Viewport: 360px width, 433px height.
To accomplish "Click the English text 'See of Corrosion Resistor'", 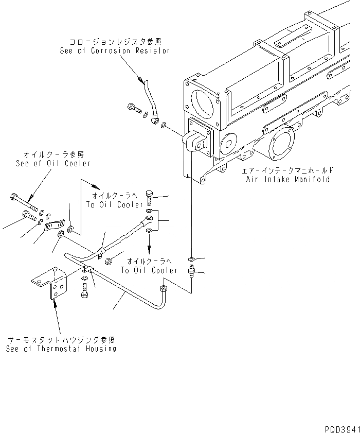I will pyautogui.click(x=114, y=51).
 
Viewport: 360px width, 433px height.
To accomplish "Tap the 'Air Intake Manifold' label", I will pyautogui.click(x=287, y=180).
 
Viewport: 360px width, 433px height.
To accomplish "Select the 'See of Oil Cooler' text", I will pyautogui.click(x=53, y=163).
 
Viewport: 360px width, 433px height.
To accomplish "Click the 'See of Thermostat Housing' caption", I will pyautogui.click(x=61, y=349).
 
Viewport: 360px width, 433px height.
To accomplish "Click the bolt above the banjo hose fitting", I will pyautogui.click(x=149, y=196).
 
